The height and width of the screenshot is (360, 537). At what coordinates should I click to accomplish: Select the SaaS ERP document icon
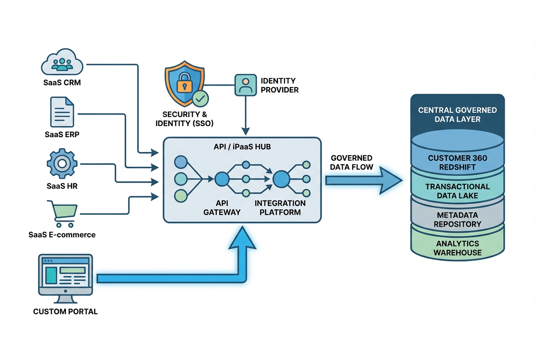62,112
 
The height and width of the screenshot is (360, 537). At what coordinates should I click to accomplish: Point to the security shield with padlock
184,84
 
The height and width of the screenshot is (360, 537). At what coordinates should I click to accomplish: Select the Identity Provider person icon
245,84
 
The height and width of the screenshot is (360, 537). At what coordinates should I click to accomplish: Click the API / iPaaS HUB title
242,146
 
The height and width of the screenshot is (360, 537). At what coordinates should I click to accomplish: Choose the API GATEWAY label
222,208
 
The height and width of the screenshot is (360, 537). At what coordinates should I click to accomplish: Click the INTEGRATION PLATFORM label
280,208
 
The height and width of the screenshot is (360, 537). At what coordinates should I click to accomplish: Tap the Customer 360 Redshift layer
457,163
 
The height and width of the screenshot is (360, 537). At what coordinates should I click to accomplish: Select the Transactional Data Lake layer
457,191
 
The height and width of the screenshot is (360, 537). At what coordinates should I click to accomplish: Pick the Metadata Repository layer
457,219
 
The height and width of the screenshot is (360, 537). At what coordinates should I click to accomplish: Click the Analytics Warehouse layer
457,248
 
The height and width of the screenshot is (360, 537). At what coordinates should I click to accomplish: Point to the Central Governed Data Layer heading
457,115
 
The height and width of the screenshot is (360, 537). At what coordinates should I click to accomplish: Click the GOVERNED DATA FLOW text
351,162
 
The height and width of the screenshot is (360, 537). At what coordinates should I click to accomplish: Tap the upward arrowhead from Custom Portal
242,238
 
